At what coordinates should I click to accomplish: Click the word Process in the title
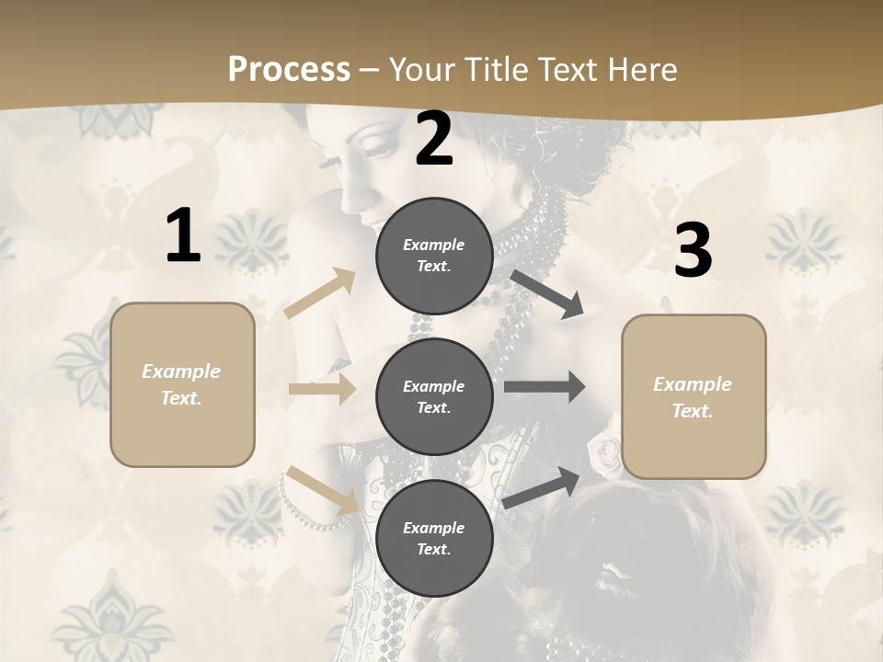[289, 70]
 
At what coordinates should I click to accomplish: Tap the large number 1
[183, 236]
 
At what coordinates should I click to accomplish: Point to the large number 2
[434, 139]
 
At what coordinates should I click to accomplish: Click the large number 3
[693, 251]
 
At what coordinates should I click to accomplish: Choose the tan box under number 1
[182, 384]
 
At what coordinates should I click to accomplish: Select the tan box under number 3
[694, 396]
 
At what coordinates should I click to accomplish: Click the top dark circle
[434, 256]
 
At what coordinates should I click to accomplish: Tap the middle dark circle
[434, 396]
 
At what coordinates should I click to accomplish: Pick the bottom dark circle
[434, 538]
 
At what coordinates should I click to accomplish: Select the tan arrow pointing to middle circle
[323, 389]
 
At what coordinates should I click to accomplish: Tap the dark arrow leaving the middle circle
[545, 387]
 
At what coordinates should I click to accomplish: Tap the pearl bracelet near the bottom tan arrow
[299, 510]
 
